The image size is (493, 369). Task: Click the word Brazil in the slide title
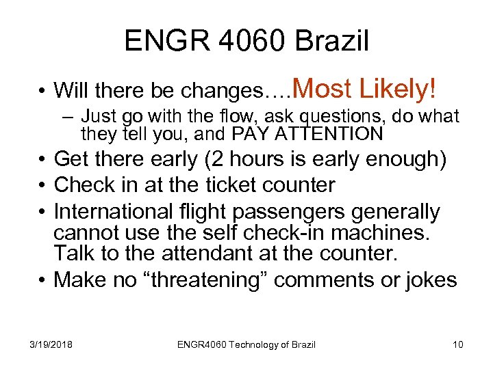point(334,41)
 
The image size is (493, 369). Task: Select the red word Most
point(324,88)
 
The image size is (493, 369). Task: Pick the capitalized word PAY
point(251,133)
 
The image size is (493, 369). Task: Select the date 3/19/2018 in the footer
point(51,344)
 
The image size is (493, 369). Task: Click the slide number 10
point(457,344)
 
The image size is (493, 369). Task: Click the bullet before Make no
point(43,279)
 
